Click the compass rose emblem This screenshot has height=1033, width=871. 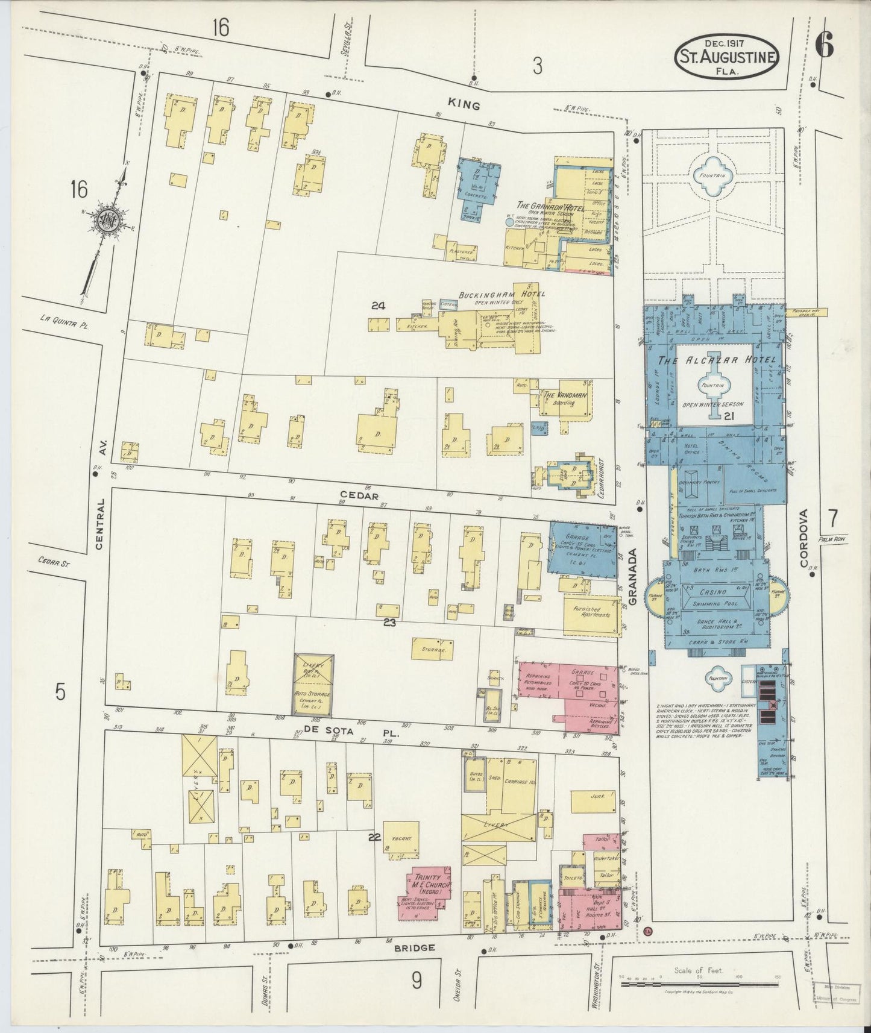click(x=104, y=221)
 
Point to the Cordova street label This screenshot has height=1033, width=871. click(x=805, y=538)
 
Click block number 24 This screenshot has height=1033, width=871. click(x=378, y=306)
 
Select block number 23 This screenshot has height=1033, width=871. click(x=389, y=623)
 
